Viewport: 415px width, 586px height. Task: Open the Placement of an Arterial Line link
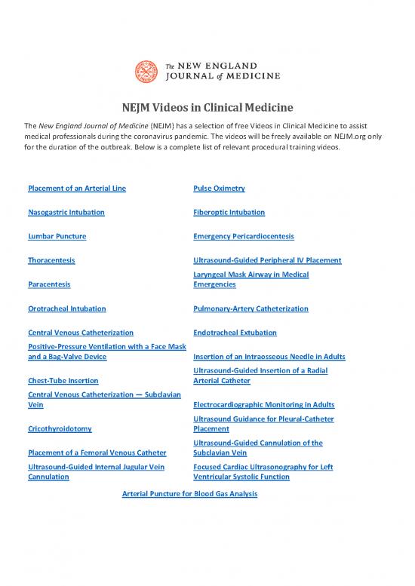[x=76, y=188]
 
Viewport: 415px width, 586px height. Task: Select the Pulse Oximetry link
[x=219, y=188]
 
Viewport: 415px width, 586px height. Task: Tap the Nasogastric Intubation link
[x=66, y=212]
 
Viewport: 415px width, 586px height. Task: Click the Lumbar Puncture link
[x=57, y=236]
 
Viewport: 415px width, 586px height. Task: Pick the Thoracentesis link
[x=51, y=260]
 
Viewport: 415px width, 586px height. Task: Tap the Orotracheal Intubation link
[x=66, y=308]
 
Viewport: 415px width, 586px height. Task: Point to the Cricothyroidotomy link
[x=60, y=429]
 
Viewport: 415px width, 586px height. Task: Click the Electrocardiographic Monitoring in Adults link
[x=264, y=405]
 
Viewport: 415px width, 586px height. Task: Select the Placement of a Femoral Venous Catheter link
[x=96, y=453]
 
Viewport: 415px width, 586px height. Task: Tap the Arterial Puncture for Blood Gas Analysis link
[x=189, y=494]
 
